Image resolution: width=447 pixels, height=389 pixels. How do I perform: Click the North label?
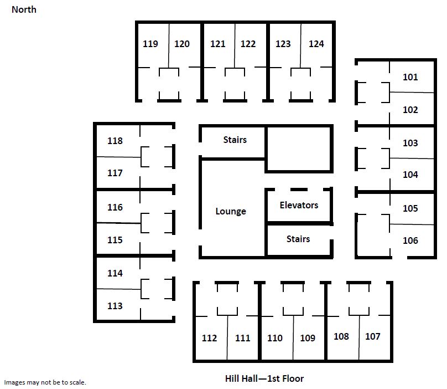coord(24,9)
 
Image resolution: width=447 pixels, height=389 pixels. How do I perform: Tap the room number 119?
coord(150,44)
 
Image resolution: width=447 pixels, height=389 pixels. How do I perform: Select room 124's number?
coord(316,44)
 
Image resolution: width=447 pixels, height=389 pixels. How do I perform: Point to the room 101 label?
coord(410,77)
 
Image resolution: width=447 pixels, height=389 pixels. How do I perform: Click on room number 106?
coord(410,240)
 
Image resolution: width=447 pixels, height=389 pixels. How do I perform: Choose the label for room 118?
coord(115,141)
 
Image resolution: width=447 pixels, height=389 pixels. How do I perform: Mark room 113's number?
coord(115,306)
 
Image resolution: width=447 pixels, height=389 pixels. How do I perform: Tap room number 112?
coord(209,338)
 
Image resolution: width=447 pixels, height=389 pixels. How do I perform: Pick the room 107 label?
coord(373,336)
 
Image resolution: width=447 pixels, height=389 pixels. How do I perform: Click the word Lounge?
coord(231,211)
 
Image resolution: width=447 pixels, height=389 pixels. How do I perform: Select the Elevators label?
coord(299,205)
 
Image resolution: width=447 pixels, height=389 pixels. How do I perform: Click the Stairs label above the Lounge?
coord(235,140)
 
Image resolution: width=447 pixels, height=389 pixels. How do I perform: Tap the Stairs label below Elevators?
coord(298,239)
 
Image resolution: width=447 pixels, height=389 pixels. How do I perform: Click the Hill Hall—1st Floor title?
coord(264,378)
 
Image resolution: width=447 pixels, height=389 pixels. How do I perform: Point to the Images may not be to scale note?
coord(45,382)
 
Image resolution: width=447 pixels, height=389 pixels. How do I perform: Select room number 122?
coord(248,44)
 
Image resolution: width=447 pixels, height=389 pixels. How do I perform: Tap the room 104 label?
coord(410,175)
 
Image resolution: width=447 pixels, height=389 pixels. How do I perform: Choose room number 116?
coord(115,207)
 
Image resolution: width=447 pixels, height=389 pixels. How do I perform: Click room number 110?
coord(275,338)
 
